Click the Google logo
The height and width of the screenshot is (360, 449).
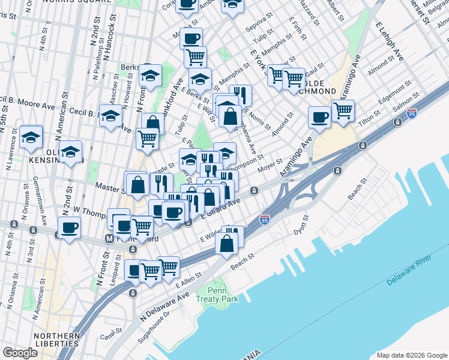[20, 353]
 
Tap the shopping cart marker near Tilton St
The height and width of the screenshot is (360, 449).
[342, 110]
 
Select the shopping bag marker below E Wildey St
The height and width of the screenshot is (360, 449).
[226, 244]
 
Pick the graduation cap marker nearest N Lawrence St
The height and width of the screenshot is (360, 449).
[31, 137]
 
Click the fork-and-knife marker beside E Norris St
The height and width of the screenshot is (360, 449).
[240, 95]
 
